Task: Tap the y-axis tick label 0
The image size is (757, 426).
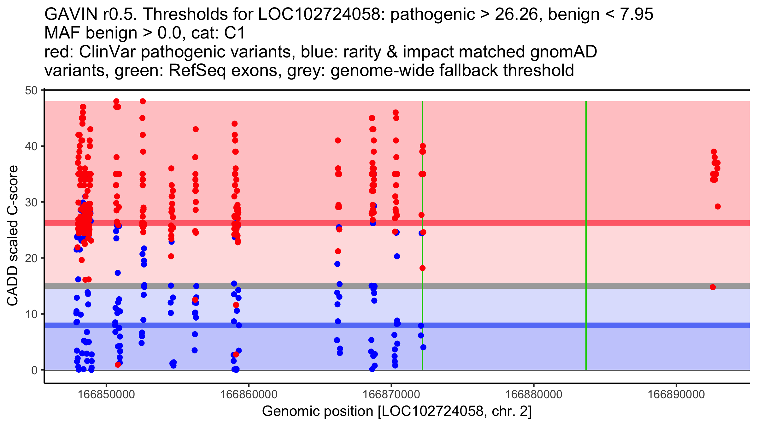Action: (x=34, y=370)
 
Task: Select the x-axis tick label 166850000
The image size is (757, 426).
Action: (x=106, y=394)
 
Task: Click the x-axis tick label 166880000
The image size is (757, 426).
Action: (x=534, y=394)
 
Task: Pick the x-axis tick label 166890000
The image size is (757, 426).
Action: (x=676, y=394)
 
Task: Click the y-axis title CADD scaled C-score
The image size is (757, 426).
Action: (x=13, y=236)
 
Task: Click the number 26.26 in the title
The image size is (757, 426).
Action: (x=516, y=14)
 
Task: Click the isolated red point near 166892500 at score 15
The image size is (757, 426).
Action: (x=713, y=287)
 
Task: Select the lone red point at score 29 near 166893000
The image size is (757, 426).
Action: (x=718, y=207)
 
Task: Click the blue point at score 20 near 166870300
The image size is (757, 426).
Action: (x=397, y=256)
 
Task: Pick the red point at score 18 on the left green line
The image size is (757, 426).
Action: (x=422, y=268)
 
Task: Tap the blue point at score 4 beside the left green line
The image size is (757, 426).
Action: (x=423, y=347)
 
